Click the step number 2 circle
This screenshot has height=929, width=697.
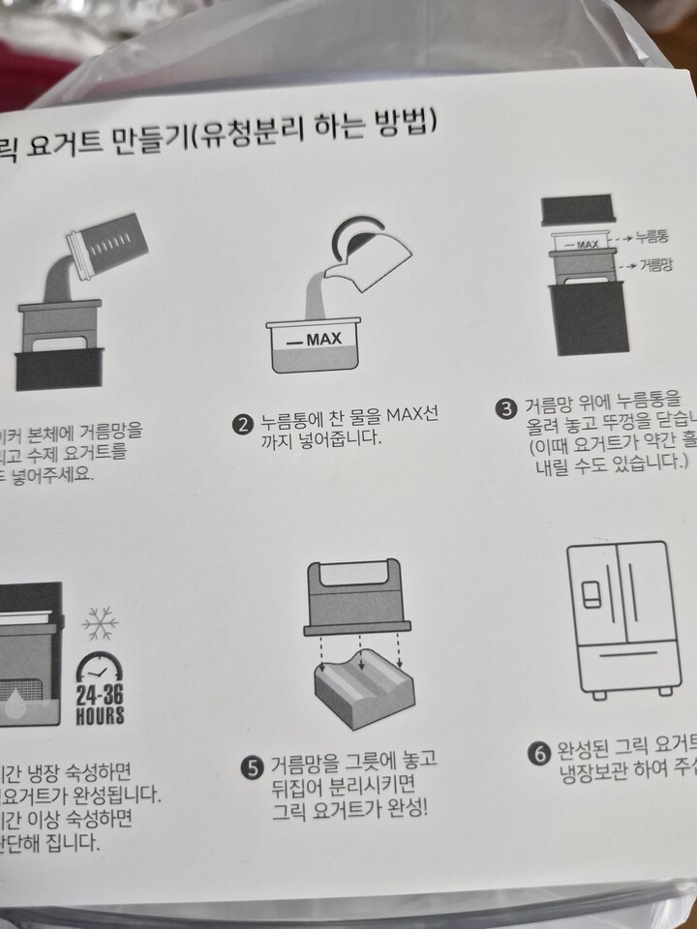[243, 423]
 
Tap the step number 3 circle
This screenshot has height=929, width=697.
[504, 407]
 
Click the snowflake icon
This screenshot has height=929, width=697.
[100, 625]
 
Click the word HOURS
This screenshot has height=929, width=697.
[100, 717]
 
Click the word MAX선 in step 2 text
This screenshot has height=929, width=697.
[412, 418]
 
